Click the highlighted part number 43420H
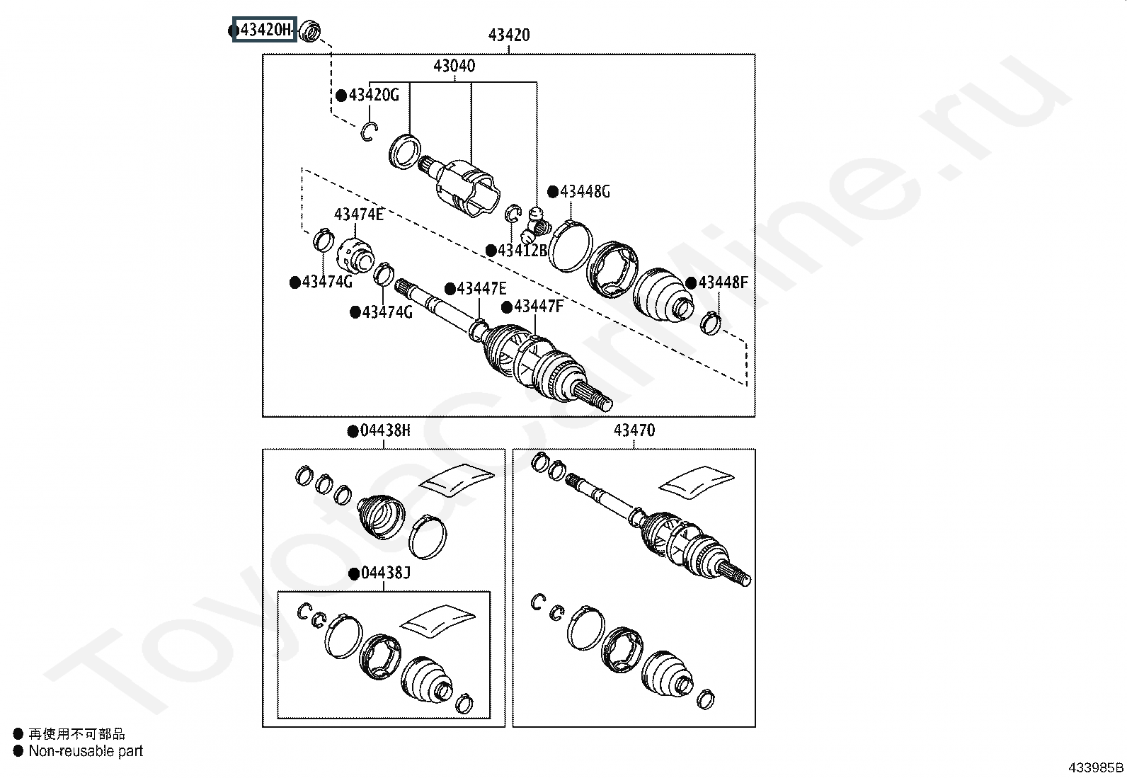pos(265,30)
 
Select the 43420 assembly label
pos(509,35)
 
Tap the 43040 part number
pos(454,66)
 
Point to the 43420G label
pos(374,95)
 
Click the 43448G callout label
pos(585,192)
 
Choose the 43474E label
pos(359,215)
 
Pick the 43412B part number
pos(522,250)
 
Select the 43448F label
pos(723,282)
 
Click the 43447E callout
pos(481,288)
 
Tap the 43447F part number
pos(539,306)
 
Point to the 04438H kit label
pos(385,431)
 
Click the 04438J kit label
pos(386,573)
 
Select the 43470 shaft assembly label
pos(634,431)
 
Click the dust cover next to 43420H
pos(310,31)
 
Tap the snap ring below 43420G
pos(369,132)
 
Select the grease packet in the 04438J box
pos(437,621)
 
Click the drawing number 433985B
pos(1095,767)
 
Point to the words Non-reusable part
pos(86,751)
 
